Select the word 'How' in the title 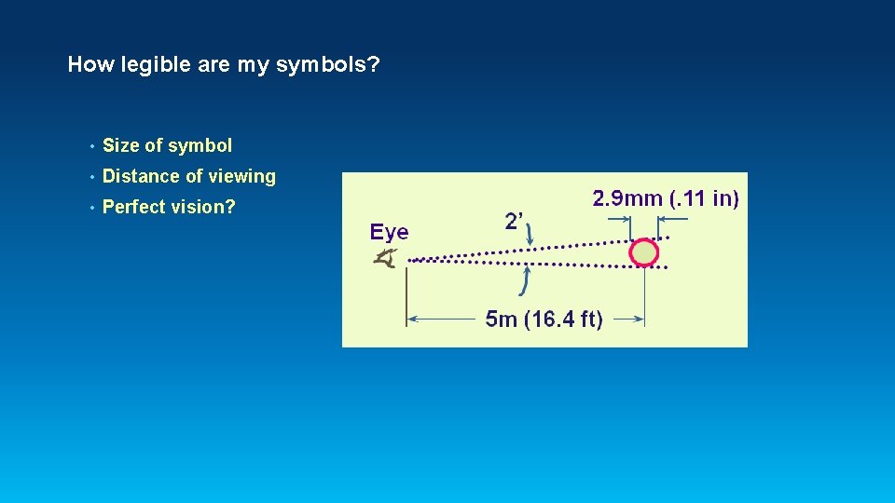pos(89,65)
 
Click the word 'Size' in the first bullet pos(120,145)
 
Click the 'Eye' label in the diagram pos(389,232)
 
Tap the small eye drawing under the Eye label pos(384,260)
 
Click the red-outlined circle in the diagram pos(643,251)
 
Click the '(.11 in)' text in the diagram pos(706,198)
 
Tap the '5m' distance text pos(502,320)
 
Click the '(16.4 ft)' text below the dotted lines pos(564,320)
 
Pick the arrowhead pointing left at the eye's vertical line pos(413,319)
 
